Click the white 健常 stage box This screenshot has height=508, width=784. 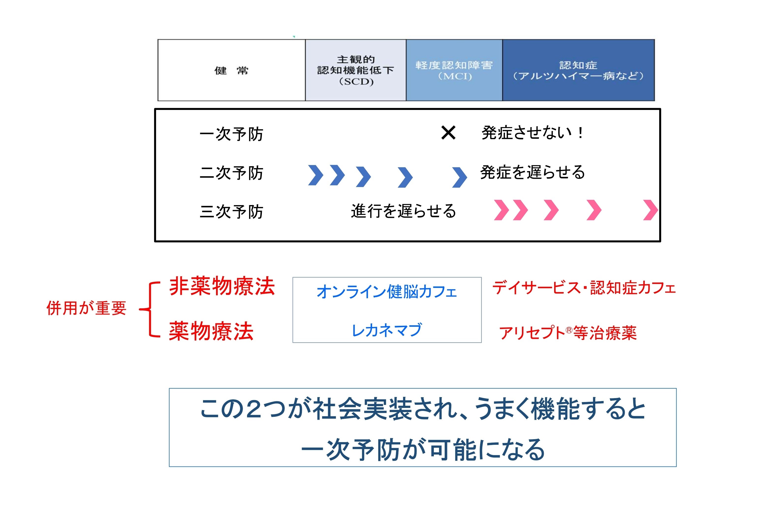(x=231, y=70)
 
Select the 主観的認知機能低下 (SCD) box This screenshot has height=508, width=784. (x=355, y=70)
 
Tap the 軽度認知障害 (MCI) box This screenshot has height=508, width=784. (x=454, y=70)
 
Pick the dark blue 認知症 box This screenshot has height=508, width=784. (x=578, y=70)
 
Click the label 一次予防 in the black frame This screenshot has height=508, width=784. (x=231, y=134)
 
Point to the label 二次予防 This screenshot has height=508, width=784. (x=231, y=173)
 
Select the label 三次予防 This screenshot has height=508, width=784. (x=231, y=211)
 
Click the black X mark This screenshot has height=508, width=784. (x=448, y=133)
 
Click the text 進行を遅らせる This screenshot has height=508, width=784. (x=403, y=211)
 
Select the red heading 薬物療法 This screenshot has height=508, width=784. (x=211, y=331)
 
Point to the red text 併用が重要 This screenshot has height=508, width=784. (x=86, y=308)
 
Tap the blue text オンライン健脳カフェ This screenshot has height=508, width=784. (x=387, y=292)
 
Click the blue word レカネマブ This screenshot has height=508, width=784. (x=387, y=330)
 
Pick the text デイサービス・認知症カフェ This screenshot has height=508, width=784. (x=584, y=288)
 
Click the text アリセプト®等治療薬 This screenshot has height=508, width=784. (x=568, y=333)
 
